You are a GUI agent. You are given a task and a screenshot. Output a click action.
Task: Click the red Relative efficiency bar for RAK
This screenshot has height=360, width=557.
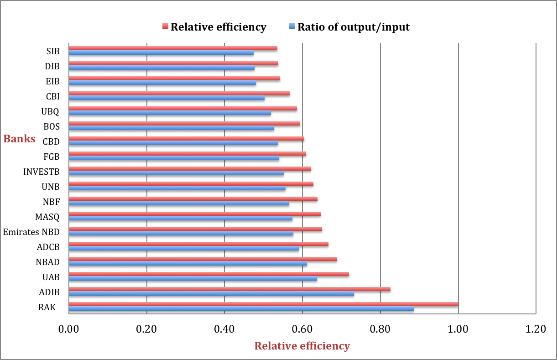[x=263, y=304]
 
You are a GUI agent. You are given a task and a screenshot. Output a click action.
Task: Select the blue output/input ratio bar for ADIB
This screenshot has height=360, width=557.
[x=211, y=294]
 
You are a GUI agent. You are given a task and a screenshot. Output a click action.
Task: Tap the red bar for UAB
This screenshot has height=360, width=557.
[x=208, y=274]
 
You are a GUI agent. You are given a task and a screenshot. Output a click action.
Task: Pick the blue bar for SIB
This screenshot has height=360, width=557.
[x=161, y=53]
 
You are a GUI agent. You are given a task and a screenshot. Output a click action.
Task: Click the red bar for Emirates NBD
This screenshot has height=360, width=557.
[x=195, y=229]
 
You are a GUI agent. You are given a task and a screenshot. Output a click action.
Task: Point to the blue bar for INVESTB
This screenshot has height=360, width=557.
[x=176, y=173]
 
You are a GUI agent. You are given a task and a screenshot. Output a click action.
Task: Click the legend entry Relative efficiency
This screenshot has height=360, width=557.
[x=218, y=27]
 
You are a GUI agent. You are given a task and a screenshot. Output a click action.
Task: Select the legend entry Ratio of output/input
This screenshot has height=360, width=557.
[x=354, y=27]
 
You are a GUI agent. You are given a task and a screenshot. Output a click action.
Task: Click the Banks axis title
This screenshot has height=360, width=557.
[x=20, y=139]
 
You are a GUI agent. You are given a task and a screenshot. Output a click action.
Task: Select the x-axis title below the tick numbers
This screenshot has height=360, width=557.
[x=302, y=345]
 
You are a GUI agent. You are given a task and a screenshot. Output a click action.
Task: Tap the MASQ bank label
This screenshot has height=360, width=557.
[x=47, y=217]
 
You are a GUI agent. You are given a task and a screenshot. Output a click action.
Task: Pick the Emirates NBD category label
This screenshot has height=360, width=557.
[x=31, y=232]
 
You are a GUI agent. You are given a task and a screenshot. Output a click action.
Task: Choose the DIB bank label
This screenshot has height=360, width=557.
[x=52, y=66]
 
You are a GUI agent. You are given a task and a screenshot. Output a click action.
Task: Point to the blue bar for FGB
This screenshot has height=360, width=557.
[x=174, y=158]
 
